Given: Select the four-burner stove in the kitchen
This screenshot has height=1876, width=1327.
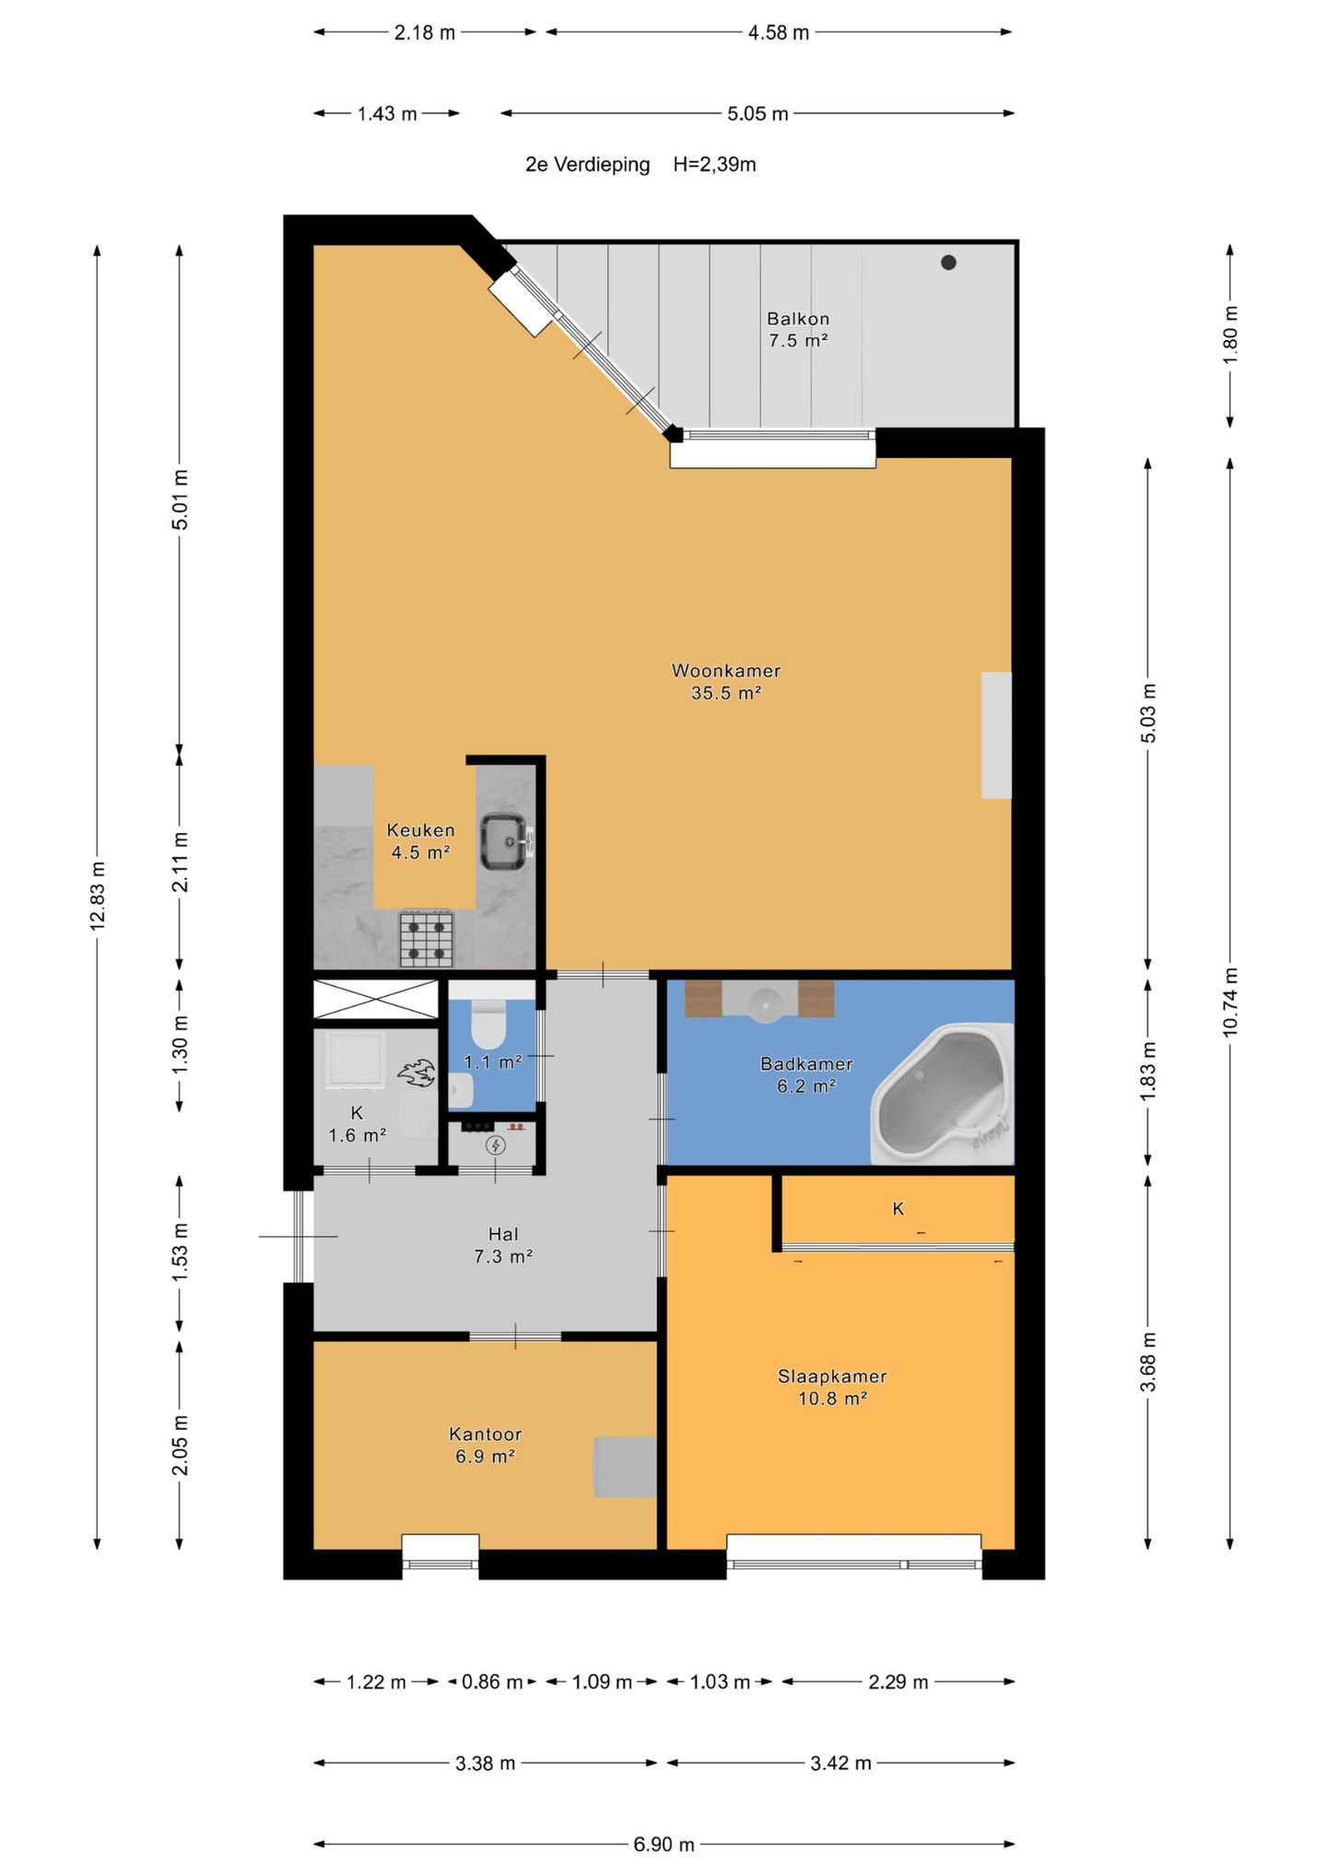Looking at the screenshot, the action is pos(427,939).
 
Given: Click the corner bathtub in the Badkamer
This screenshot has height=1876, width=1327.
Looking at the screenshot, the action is pos(941,1094).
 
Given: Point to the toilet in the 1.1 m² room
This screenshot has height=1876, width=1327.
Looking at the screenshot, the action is pos(487,1025).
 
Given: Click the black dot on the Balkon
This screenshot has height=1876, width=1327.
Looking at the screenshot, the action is pos(948,263).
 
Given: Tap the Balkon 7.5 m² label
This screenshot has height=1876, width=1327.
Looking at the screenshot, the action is pos(798,329).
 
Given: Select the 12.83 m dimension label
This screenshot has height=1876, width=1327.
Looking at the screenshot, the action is pos(99,896).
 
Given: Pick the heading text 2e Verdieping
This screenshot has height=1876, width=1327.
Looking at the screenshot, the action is pos(587,165).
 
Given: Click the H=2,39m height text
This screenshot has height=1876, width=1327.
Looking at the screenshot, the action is pos(714,165).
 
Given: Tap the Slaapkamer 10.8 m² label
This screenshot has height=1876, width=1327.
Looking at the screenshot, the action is pos(832,1387).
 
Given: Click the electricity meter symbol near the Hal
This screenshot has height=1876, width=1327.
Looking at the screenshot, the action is pos(496,1145).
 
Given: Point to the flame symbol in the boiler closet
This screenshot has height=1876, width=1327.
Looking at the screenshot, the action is pos(417,1073).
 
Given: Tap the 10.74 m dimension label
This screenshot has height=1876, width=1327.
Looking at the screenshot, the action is pos(1230,1002).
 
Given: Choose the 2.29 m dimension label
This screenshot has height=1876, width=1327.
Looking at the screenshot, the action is pos(898,1682).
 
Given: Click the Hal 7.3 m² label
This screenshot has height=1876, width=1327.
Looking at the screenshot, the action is pos(503,1245).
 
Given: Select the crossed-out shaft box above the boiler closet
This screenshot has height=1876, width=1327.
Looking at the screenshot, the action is pos(376,999).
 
